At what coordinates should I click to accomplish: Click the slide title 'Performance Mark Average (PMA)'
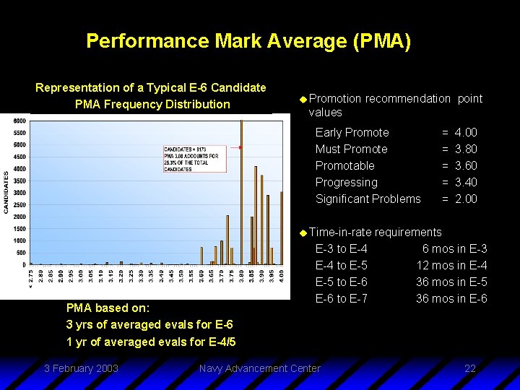click(x=248, y=40)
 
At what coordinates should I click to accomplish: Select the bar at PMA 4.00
click(x=281, y=227)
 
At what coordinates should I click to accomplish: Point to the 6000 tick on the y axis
click(x=20, y=121)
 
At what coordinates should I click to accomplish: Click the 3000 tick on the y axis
click(x=20, y=193)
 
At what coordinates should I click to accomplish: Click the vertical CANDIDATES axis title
click(x=6, y=191)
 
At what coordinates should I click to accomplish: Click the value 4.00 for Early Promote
click(x=466, y=132)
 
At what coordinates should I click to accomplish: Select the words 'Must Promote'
click(x=351, y=149)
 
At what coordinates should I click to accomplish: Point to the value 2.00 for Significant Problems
click(x=466, y=199)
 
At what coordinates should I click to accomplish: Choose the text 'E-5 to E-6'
click(x=341, y=282)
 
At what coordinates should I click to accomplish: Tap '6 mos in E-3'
click(x=454, y=248)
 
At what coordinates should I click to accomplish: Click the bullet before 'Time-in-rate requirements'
click(x=303, y=232)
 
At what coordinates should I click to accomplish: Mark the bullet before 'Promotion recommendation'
click(x=303, y=98)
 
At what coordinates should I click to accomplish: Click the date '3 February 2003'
click(x=81, y=368)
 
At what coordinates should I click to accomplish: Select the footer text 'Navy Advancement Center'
click(x=259, y=368)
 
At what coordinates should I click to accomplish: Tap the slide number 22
click(x=470, y=368)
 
